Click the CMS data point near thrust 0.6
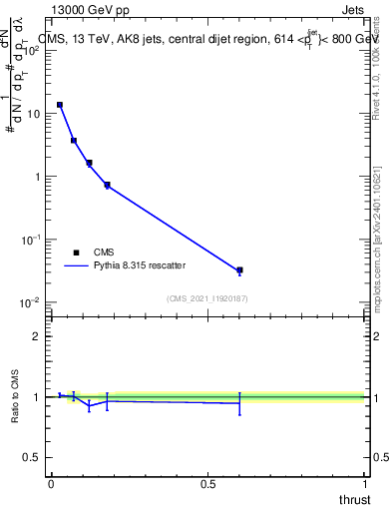(x=239, y=270)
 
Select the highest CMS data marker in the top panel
(x=60, y=105)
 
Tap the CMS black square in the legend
(x=75, y=253)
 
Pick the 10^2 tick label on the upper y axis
(x=33, y=51)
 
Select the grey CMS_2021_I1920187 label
(x=207, y=298)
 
